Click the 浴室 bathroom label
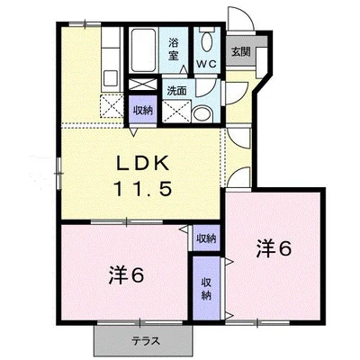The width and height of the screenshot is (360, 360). (x=173, y=49)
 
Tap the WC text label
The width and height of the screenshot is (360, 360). (x=206, y=64)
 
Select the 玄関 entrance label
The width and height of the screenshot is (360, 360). (x=240, y=52)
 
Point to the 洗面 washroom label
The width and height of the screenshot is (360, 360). (x=177, y=91)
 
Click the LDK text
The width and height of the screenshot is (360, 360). (x=143, y=164)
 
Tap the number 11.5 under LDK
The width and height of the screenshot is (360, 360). (x=142, y=189)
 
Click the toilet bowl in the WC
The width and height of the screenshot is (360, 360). (x=207, y=41)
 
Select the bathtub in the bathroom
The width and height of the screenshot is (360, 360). (x=143, y=50)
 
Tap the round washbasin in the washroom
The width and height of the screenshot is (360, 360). (x=202, y=114)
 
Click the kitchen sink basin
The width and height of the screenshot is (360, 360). (x=111, y=79)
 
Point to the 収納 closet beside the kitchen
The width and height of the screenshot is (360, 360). (x=143, y=110)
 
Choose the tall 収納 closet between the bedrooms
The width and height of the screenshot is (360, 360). (x=206, y=289)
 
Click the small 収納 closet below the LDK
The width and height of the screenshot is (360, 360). (x=206, y=238)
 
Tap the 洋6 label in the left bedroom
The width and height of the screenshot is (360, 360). (x=127, y=275)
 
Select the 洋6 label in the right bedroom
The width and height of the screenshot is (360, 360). (x=274, y=248)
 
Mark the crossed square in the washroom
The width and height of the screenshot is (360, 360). (x=176, y=112)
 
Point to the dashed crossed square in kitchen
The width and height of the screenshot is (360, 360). (x=112, y=105)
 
